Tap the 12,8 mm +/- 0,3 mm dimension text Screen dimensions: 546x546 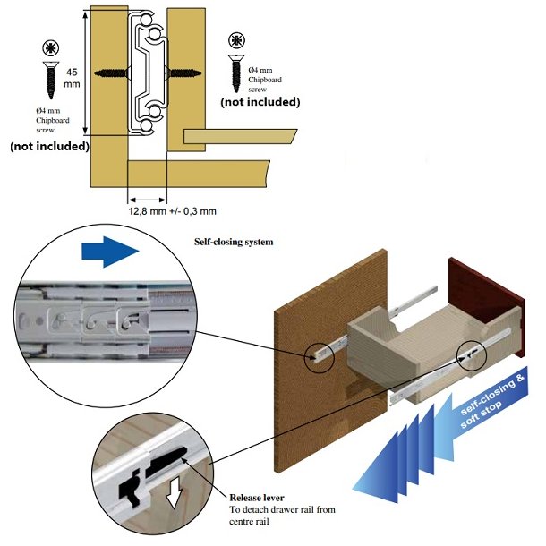(173, 210)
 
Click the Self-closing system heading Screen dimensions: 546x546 (234, 242)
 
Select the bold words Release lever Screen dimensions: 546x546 (260, 498)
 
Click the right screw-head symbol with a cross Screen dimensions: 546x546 (236, 40)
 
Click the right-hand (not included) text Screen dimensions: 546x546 (260, 102)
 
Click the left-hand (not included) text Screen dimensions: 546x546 (49, 146)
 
